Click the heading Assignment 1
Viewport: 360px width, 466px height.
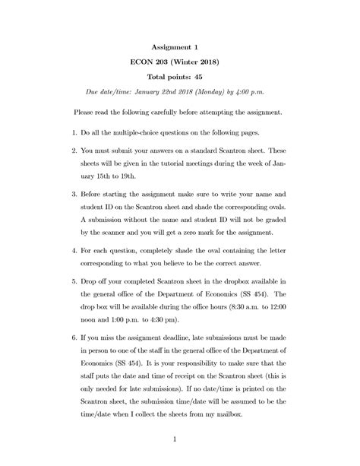(179, 46)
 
